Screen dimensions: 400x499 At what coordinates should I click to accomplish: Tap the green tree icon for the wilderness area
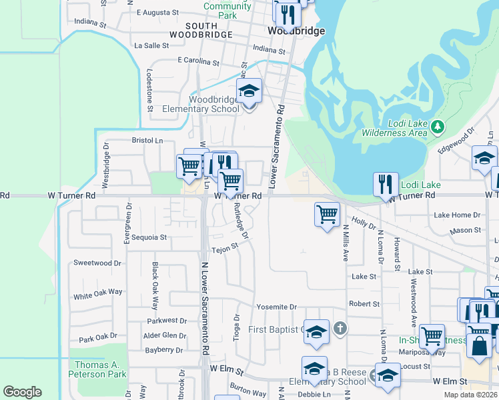(x=438, y=125)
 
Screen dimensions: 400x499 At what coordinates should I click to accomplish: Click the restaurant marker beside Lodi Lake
(x=386, y=184)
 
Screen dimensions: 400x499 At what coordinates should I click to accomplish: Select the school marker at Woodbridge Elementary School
(x=249, y=91)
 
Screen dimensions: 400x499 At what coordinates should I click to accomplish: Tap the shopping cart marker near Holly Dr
(x=327, y=215)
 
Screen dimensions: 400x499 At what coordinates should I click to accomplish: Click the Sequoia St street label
(x=149, y=237)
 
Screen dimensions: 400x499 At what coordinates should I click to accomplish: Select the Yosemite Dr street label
(x=276, y=307)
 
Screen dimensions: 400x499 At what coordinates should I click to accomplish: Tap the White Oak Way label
(x=98, y=294)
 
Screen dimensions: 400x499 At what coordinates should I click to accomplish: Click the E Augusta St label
(x=157, y=12)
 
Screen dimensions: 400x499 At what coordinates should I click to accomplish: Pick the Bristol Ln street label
(x=147, y=141)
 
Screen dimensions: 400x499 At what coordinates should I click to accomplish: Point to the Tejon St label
(x=225, y=248)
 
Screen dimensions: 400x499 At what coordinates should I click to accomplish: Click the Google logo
(x=22, y=392)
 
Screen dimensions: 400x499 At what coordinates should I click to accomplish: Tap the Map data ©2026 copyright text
(x=470, y=395)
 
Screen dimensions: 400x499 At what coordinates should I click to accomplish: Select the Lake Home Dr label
(x=457, y=215)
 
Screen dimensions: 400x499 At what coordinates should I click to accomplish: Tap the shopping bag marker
(x=480, y=345)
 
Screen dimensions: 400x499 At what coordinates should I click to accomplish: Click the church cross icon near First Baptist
(x=340, y=327)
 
